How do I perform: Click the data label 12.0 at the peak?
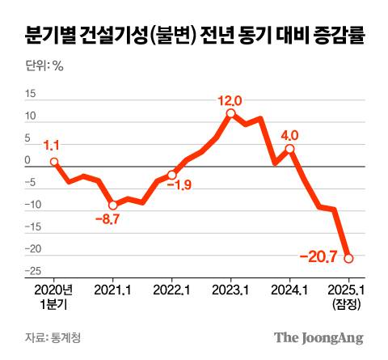[x=230, y=101]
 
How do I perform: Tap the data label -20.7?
[x=318, y=258]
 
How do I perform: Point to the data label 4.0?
[x=289, y=134]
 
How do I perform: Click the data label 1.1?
[x=52, y=146]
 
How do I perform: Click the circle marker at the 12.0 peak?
[x=230, y=113]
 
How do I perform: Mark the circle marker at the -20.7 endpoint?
[x=348, y=259]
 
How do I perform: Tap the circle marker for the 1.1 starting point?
[x=54, y=162]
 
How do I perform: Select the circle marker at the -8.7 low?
[x=113, y=205]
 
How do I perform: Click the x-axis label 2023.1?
[x=230, y=289]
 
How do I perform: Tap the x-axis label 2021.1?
[x=113, y=289]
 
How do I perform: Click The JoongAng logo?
[x=318, y=337]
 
